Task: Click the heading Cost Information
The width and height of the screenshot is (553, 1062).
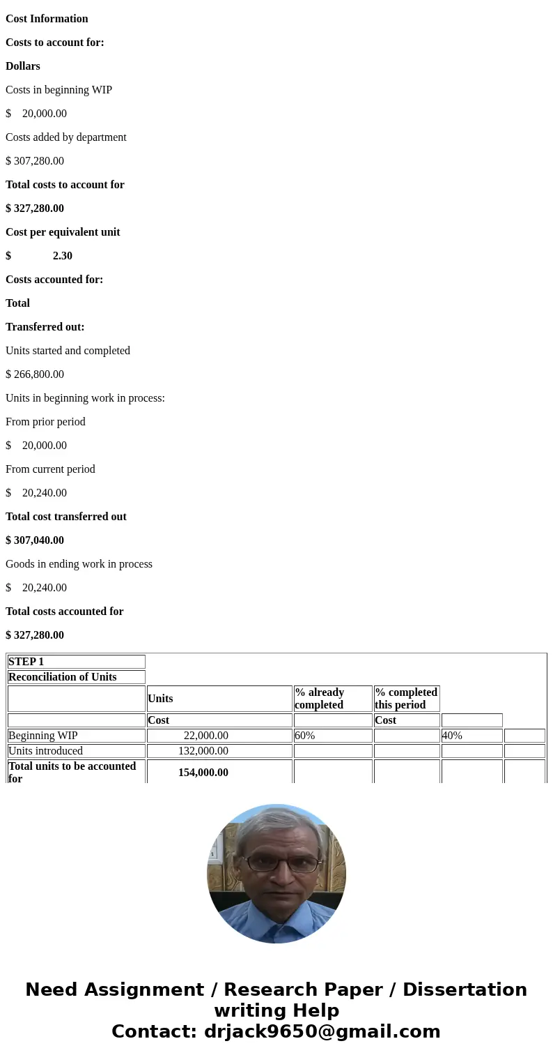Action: click(47, 19)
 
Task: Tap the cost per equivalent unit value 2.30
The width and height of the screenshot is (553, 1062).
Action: click(62, 256)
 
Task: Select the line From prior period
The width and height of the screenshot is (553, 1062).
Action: click(45, 422)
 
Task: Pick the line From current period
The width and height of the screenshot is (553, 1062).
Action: click(50, 469)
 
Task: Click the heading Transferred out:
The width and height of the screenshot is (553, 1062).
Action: click(45, 327)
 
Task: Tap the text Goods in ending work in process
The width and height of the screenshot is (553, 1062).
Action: click(79, 564)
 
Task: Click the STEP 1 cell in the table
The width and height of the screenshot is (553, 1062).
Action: click(26, 662)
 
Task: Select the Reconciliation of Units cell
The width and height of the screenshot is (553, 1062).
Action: click(62, 677)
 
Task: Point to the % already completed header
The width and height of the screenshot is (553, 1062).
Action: click(319, 699)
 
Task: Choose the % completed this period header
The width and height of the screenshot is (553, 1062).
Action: click(406, 699)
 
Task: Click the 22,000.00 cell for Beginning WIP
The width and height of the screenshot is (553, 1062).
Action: click(205, 736)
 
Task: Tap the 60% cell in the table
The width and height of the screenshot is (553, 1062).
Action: click(305, 736)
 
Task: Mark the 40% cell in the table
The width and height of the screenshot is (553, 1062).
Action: click(452, 736)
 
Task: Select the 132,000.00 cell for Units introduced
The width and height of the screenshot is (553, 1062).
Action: click(203, 751)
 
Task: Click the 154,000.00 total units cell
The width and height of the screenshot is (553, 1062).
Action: click(203, 773)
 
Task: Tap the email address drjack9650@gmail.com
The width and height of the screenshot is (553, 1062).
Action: click(322, 1032)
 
